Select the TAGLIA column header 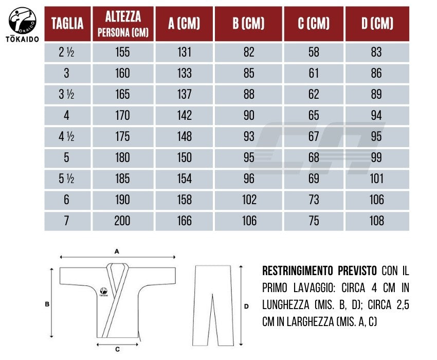[x=67, y=24]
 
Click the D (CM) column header [x=376, y=24]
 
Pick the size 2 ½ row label [x=67, y=52]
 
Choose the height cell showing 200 [x=122, y=221]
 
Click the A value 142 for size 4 [x=184, y=116]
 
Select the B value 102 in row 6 [x=249, y=200]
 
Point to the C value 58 [x=314, y=52]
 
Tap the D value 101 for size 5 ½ [x=376, y=179]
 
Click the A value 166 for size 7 [x=184, y=221]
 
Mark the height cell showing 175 [x=122, y=137]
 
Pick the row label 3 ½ [x=67, y=95]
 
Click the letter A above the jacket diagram [x=117, y=251]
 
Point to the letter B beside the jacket [x=47, y=304]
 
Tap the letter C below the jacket [x=117, y=350]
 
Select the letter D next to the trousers [x=246, y=306]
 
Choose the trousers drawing [x=215, y=303]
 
